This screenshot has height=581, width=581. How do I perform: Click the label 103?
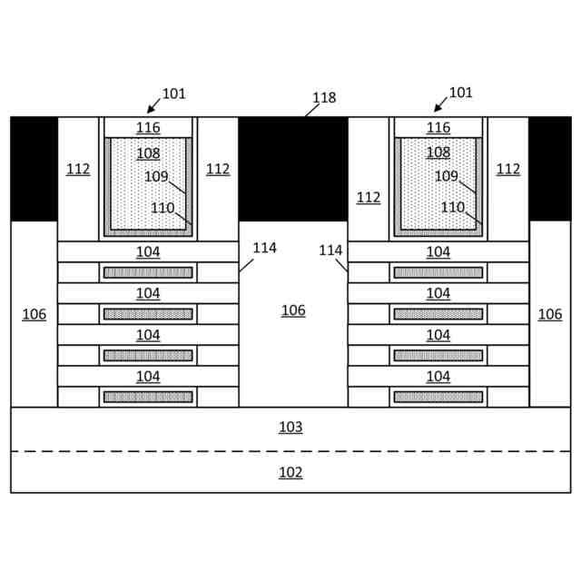pyautogui.click(x=290, y=427)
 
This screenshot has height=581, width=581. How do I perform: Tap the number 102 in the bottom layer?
pyautogui.click(x=290, y=472)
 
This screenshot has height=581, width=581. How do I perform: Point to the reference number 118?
pyautogui.click(x=324, y=98)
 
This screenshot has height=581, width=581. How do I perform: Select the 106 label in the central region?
pyautogui.click(x=293, y=310)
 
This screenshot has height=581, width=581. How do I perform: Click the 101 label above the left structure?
pyautogui.click(x=173, y=94)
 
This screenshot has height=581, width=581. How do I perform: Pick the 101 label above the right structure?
pyautogui.click(x=461, y=93)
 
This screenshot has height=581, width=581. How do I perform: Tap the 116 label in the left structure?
pyautogui.click(x=148, y=128)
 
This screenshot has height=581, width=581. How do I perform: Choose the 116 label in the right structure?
pyautogui.click(x=438, y=128)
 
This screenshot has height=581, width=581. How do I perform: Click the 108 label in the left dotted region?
pyautogui.click(x=148, y=153)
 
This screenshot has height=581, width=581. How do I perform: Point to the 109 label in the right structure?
pyautogui.click(x=446, y=176)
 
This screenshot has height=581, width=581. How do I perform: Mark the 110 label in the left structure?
pyautogui.click(x=162, y=208)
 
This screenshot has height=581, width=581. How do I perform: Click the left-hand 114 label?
pyautogui.click(x=264, y=248)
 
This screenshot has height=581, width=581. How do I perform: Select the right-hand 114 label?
pyautogui.click(x=330, y=250)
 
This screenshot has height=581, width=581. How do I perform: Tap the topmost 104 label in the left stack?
pyautogui.click(x=148, y=251)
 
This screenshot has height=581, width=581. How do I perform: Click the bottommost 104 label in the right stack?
pyautogui.click(x=438, y=376)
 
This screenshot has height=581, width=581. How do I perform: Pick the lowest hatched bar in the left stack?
pyautogui.click(x=148, y=397)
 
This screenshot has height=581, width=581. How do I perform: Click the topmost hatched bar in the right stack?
pyautogui.click(x=438, y=272)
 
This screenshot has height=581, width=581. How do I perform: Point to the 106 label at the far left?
pyautogui.click(x=34, y=314)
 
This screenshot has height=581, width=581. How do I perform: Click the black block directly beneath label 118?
pyautogui.click(x=293, y=169)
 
